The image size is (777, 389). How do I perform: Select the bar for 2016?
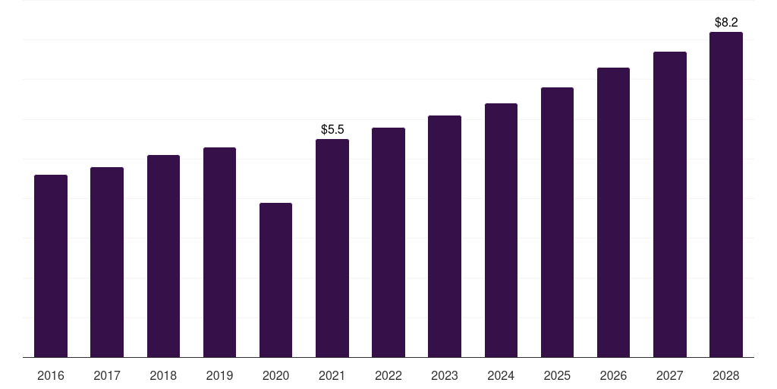pos(51,266)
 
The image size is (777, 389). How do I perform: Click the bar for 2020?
pos(275,280)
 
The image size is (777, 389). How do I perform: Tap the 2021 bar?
pos(332,248)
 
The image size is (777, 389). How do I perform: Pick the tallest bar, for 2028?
pos(726,194)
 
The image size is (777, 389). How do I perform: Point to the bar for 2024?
pos(501,230)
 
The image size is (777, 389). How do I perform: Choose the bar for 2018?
pos(163,256)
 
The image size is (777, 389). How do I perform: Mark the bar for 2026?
pos(613,213)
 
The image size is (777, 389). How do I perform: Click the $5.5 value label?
pos(332,129)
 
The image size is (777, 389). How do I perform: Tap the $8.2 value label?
pos(726,22)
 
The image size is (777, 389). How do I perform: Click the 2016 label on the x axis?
pos(51,375)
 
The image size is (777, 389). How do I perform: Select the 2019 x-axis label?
pos(219,375)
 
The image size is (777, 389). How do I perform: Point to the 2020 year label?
pos(275,375)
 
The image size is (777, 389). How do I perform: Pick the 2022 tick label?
pos(388,375)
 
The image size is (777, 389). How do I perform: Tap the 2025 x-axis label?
pos(557,375)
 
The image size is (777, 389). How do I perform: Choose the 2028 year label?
pos(726,375)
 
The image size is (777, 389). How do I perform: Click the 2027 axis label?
pos(670,375)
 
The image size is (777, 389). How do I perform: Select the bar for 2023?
pos(445,236)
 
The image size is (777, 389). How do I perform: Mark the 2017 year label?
pos(107,375)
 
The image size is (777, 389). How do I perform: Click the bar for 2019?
pos(219,252)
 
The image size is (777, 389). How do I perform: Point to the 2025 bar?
pos(557,223)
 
